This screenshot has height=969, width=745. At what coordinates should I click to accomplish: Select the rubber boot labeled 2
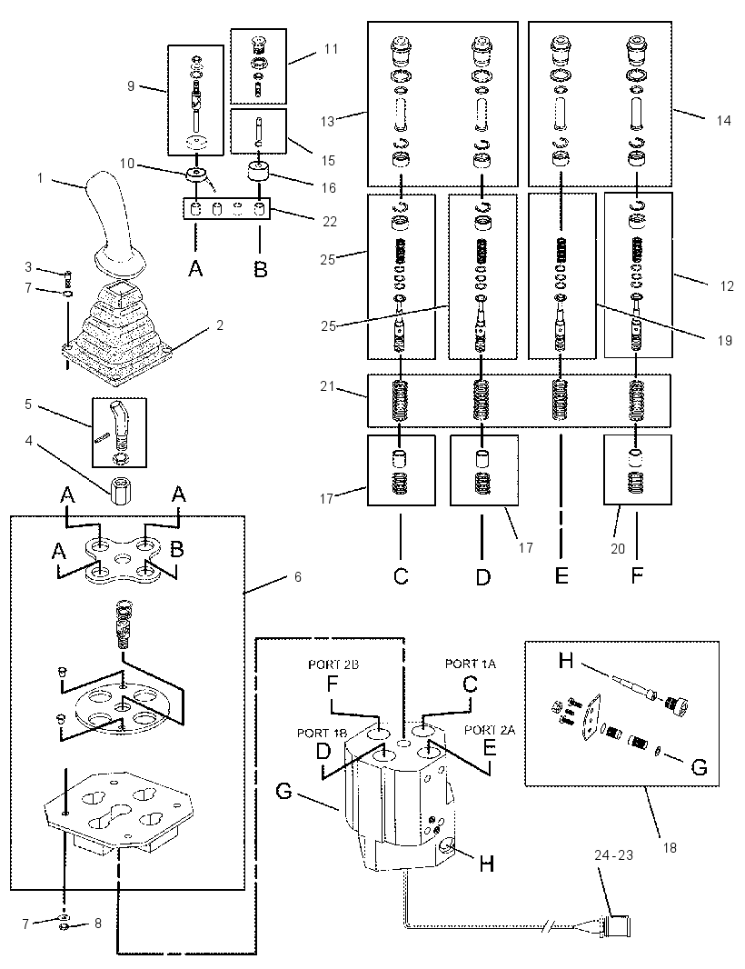point(118,334)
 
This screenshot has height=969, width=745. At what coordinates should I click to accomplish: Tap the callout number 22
point(330,221)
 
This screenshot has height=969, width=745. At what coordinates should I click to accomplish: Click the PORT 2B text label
point(333,664)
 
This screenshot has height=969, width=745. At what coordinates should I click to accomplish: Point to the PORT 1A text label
point(470,664)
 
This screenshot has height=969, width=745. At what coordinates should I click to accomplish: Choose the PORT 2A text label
point(490,730)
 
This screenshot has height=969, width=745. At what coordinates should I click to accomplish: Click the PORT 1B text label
point(322,733)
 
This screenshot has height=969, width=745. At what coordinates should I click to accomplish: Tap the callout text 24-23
point(613,855)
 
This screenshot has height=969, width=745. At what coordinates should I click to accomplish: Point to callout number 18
point(670,848)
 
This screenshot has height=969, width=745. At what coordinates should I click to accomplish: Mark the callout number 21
point(327,386)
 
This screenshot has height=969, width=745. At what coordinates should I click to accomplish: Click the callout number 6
point(298,576)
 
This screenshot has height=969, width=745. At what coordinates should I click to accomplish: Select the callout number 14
point(723,120)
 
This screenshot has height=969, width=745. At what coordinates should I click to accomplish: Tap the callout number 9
point(130,85)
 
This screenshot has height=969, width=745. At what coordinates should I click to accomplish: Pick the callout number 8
point(97,924)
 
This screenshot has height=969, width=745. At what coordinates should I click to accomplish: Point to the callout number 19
point(725,341)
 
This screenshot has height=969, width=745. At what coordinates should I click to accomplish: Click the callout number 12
point(727,285)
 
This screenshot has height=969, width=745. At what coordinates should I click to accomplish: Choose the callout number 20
point(618,548)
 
